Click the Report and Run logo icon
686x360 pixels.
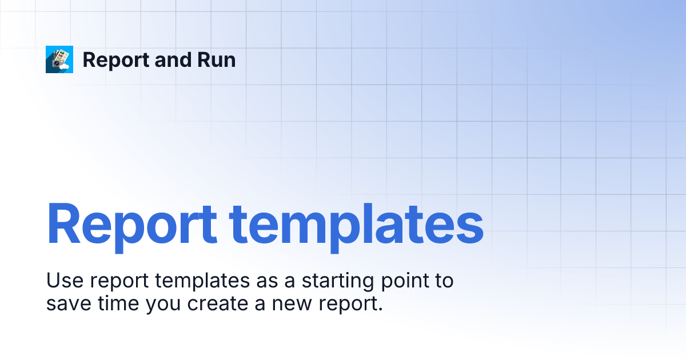(x=59, y=59)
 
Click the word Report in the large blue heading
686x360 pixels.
(x=132, y=223)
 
